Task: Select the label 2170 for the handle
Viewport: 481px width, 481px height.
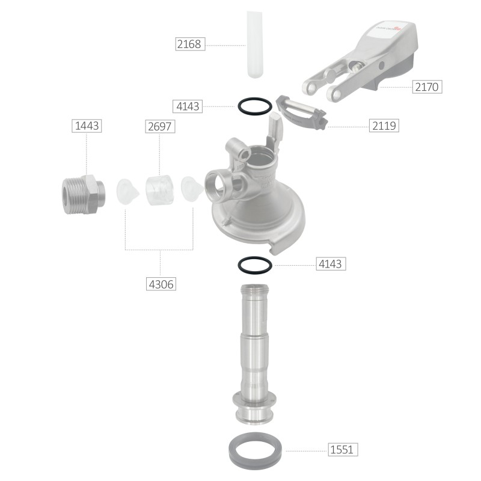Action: (x=427, y=87)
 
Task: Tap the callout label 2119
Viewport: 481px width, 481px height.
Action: (x=384, y=126)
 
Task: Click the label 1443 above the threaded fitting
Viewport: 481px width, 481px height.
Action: (x=87, y=126)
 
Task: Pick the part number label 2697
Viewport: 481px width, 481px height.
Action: (x=160, y=126)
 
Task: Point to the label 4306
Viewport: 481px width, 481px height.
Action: (x=161, y=284)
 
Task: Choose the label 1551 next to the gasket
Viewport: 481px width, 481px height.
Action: (x=343, y=449)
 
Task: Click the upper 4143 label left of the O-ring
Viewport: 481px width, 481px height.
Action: (x=188, y=106)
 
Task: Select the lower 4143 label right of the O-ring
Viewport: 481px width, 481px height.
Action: (x=331, y=263)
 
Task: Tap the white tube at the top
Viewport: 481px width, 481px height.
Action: (x=255, y=44)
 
